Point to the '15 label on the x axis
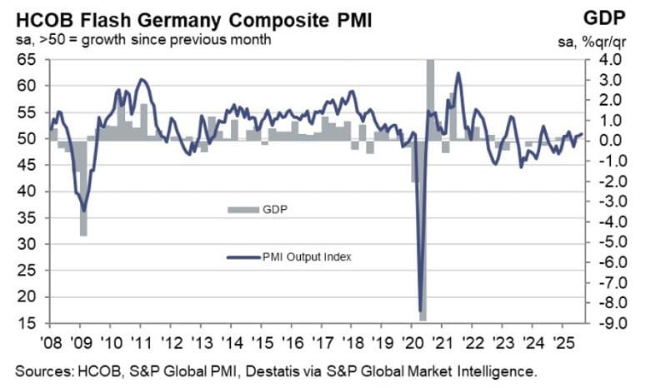tap(264, 342)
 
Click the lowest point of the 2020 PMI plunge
tap(420, 311)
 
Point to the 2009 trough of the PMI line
tap(83, 211)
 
